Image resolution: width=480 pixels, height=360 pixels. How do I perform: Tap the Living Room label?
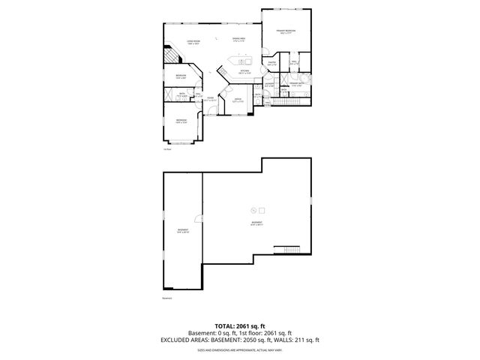point(193,43)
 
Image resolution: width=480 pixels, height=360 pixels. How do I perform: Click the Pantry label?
point(272,64)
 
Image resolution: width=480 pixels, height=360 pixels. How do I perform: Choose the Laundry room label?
point(259,84)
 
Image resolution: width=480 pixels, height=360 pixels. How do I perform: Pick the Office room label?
point(237,100)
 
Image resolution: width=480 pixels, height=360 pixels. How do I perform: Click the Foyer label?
point(211,99)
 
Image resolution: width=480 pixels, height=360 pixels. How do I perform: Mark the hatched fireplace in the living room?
point(172,56)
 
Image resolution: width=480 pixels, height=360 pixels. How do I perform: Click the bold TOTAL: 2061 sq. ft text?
point(239,326)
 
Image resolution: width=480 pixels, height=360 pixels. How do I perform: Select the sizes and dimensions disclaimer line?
point(239,349)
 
